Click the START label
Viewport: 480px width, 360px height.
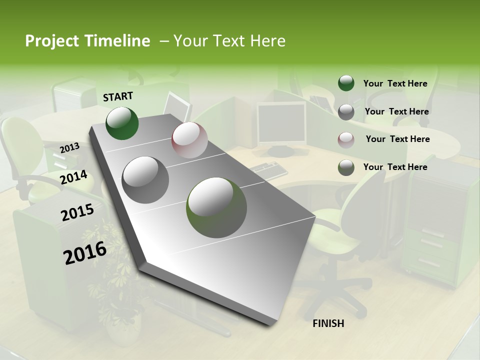click(x=118, y=96)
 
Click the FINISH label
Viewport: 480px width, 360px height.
click(x=328, y=323)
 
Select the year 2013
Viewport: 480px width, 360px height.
click(x=70, y=147)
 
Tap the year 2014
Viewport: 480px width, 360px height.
click(x=74, y=177)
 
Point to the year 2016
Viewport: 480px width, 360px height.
click(x=85, y=253)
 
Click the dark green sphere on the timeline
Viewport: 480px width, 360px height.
click(x=122, y=123)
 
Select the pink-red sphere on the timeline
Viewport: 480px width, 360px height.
click(x=189, y=140)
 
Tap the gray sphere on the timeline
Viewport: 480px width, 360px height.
click(x=145, y=180)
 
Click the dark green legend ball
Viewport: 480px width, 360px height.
click(x=346, y=83)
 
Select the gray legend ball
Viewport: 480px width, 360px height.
click(x=346, y=112)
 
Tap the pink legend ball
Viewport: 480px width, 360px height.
click(x=346, y=140)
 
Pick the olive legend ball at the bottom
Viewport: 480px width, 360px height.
click(x=346, y=167)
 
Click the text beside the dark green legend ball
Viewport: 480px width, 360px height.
click(x=395, y=83)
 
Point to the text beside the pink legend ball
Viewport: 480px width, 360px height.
click(x=397, y=139)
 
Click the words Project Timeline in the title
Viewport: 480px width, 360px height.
click(x=87, y=41)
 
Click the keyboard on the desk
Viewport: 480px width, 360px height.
click(x=268, y=170)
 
